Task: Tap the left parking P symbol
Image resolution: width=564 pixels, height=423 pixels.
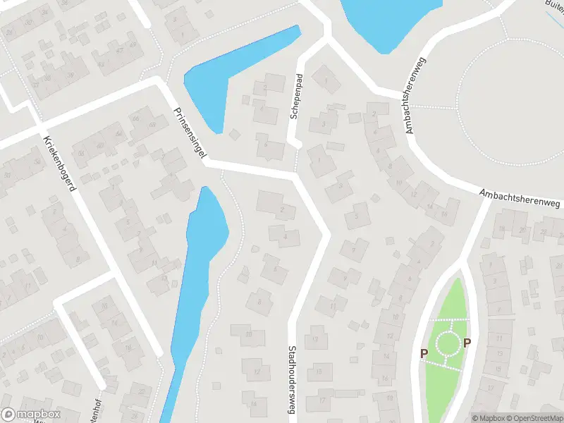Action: coord(424,353)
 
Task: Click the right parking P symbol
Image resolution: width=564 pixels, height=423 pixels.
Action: coord(467,343)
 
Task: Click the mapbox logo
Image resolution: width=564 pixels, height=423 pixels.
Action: coord(30,415)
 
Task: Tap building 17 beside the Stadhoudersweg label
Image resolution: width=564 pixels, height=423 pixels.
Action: coord(320,399)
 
